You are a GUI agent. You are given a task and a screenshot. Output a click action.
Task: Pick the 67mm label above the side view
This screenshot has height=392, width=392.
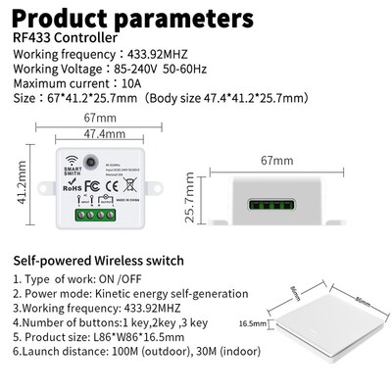pyautogui.click(x=276, y=158)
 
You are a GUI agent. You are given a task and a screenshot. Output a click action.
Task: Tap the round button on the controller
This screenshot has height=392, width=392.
pyautogui.click(x=95, y=159)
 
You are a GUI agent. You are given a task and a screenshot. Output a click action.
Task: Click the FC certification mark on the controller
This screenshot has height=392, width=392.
pyautogui.click(x=90, y=183)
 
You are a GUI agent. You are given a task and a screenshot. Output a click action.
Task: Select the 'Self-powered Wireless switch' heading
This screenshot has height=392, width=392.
pyautogui.click(x=98, y=261)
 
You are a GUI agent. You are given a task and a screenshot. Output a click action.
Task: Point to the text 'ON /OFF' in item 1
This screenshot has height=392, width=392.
pyautogui.click(x=136, y=279)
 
